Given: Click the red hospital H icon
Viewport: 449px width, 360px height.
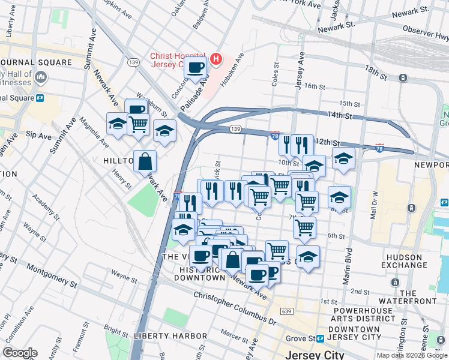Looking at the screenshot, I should click(216, 59).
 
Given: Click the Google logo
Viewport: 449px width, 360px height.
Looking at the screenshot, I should click(19, 353).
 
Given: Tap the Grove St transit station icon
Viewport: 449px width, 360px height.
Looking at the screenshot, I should click(321, 338).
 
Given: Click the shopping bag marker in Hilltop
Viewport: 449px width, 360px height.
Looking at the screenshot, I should click(145, 161).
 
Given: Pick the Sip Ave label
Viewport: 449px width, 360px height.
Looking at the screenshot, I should click(41, 136).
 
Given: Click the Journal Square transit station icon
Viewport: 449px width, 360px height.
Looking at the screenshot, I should click(40, 98).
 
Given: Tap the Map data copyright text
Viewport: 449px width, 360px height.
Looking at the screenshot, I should click(412, 355).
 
